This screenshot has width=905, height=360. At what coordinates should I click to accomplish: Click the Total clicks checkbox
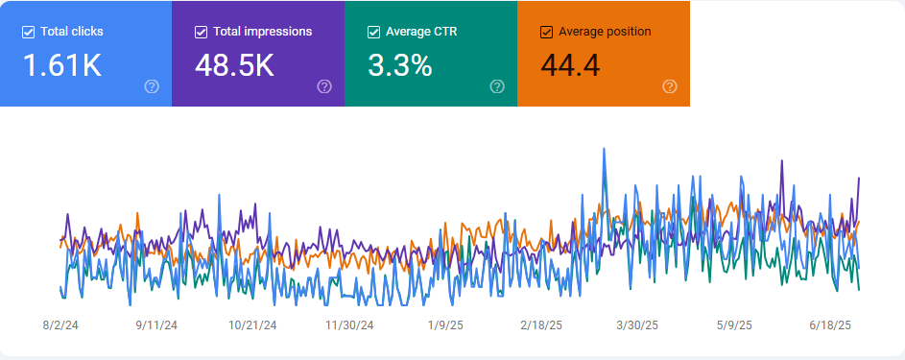pos(28,32)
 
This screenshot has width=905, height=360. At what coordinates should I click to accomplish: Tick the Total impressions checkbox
pos(201,32)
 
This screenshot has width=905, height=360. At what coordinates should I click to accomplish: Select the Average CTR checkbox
pos(373,32)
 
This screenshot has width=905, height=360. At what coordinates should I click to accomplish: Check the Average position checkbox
pos(546,32)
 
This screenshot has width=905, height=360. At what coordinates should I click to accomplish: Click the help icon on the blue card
pos(152,86)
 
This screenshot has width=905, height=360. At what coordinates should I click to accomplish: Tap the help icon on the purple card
pos(324,86)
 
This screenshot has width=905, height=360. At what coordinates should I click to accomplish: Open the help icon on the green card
pos(497,86)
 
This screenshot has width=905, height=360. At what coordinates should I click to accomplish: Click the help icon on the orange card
pos(670,86)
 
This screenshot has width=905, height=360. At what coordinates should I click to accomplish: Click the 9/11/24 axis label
pos(158,325)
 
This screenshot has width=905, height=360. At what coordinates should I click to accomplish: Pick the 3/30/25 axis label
pos(637,325)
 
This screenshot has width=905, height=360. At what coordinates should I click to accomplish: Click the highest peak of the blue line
pos(604,149)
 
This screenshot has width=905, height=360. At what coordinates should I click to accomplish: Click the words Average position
pos(604,32)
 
